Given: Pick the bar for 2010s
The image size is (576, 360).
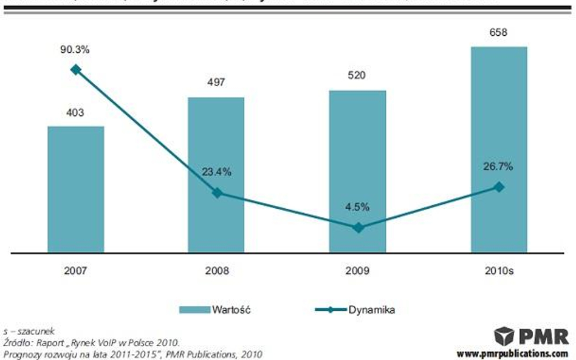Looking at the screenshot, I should [x=499, y=149].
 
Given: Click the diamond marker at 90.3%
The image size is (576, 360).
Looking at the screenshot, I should [x=76, y=69].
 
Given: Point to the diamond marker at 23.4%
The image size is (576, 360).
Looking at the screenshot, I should [x=216, y=193].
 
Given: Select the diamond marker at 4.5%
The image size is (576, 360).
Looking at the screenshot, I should [x=358, y=228].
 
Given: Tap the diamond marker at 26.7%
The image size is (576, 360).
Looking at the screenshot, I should [x=499, y=187].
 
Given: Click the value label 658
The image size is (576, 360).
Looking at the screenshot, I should [x=499, y=32].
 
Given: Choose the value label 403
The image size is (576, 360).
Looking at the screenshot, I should [x=76, y=112].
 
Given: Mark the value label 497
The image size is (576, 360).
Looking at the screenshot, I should [x=216, y=83].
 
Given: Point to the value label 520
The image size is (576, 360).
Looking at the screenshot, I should [x=357, y=76].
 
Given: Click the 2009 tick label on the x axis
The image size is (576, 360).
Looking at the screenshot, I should [x=357, y=271].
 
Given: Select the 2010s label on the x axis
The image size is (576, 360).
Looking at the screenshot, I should [x=499, y=271].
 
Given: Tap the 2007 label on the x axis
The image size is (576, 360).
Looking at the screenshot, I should [x=76, y=271].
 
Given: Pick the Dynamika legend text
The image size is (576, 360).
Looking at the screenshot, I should [x=372, y=310].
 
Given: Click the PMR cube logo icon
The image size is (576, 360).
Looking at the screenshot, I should [x=504, y=336].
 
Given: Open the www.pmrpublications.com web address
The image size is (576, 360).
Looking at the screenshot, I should [x=512, y=353].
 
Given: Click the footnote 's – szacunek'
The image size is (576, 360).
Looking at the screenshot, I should [x=29, y=331].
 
